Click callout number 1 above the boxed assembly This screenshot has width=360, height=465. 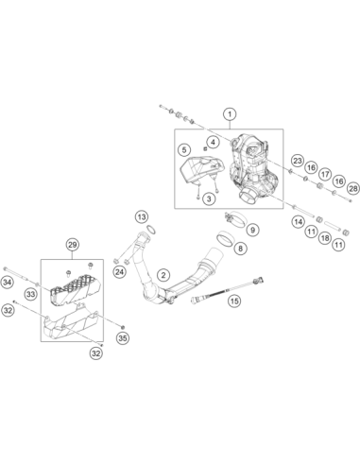click(x=230, y=114)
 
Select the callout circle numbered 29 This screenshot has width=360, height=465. click(x=72, y=245)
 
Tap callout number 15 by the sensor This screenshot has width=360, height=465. click(x=234, y=301)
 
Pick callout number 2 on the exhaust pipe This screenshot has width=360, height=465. click(x=163, y=275)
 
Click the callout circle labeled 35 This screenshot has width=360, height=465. click(x=123, y=338)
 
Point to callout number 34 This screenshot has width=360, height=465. click(x=7, y=282)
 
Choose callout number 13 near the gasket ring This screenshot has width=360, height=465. click(x=142, y=217)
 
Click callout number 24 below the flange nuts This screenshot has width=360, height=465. click(x=119, y=272)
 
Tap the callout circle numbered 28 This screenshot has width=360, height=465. click(x=353, y=189)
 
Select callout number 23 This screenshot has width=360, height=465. click(x=298, y=161)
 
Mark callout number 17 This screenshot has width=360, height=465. click(x=325, y=174)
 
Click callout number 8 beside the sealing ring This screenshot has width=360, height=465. click(x=240, y=249)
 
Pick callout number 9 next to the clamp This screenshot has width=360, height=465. click(x=252, y=230)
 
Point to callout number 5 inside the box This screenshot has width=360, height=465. click(x=184, y=149)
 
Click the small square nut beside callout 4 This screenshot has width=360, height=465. click(x=204, y=147)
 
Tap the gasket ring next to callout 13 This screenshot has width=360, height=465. click(x=152, y=230)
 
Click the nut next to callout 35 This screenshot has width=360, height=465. click(x=123, y=326)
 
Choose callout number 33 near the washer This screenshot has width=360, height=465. click(x=30, y=295)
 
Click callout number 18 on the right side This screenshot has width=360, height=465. click(x=325, y=238)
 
